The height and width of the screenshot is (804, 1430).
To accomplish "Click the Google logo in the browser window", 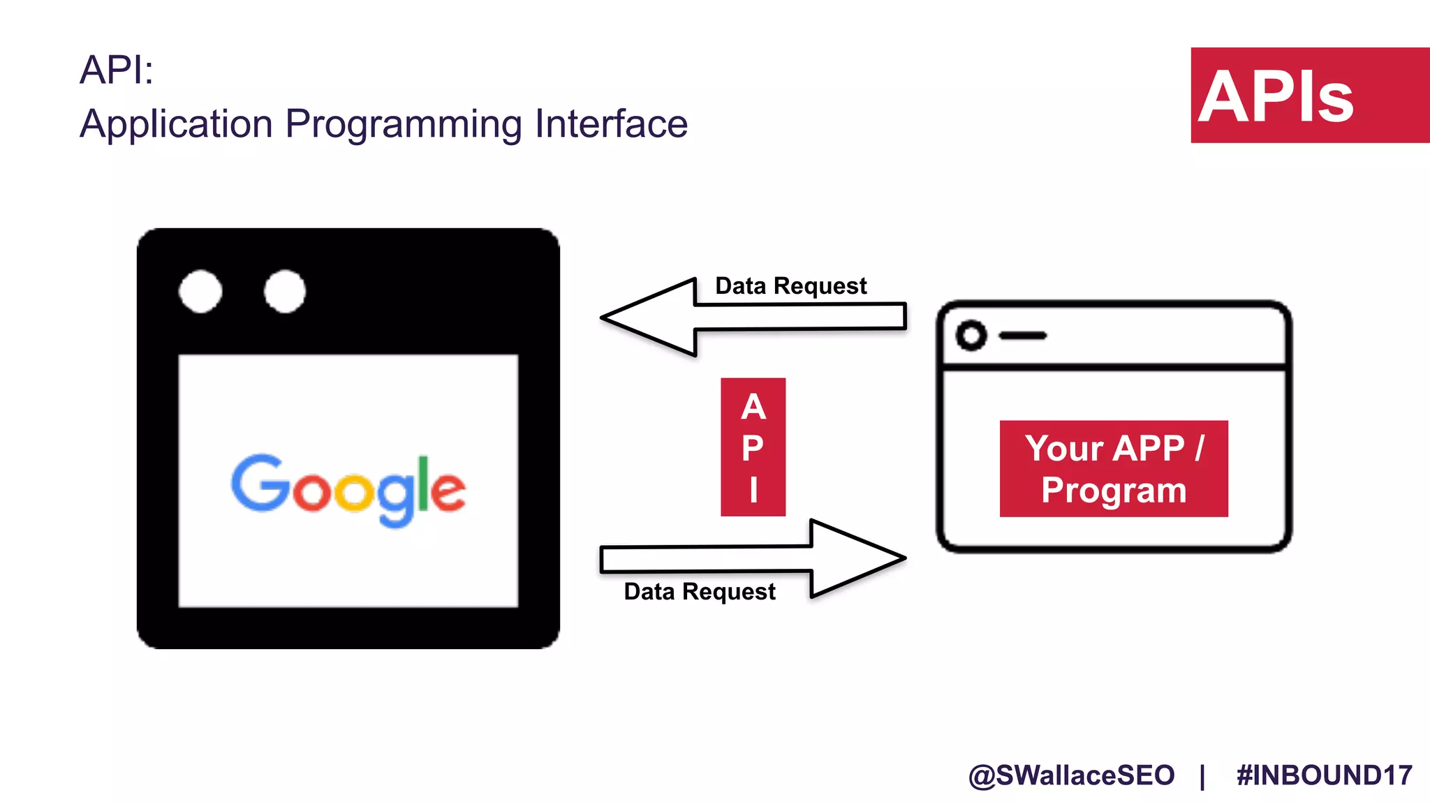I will tap(348, 489).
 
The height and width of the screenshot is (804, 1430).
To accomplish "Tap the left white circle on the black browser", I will tap(200, 291).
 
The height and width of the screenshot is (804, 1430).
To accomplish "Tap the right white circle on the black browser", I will tap(285, 291).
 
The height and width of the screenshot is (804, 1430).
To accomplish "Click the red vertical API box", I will tap(753, 447).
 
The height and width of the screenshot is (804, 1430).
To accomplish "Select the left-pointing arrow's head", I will tap(646, 318).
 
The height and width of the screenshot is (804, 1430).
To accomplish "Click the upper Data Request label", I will tap(790, 286).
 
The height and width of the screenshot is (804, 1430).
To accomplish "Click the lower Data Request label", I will tap(699, 592).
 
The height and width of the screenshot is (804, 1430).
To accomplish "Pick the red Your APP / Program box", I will tap(1113, 468).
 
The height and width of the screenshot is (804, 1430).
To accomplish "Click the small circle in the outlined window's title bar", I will tap(971, 336).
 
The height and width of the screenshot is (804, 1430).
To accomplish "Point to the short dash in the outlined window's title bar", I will tap(1022, 336).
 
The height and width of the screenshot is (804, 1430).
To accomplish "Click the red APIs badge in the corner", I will tap(1309, 96).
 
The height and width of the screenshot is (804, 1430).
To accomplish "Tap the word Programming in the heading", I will tap(403, 124).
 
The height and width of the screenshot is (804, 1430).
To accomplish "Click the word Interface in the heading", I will tap(611, 124).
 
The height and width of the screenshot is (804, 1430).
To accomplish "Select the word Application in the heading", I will tap(176, 124).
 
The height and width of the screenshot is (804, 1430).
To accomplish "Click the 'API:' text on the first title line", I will tap(116, 70).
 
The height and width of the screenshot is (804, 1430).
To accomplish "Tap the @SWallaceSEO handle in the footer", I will tap(1071, 775).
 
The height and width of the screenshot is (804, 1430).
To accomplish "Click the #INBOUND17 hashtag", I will tap(1324, 775).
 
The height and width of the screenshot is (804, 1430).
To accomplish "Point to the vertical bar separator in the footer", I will tap(1202, 776).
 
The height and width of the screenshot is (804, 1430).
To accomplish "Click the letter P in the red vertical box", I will tap(753, 447).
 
